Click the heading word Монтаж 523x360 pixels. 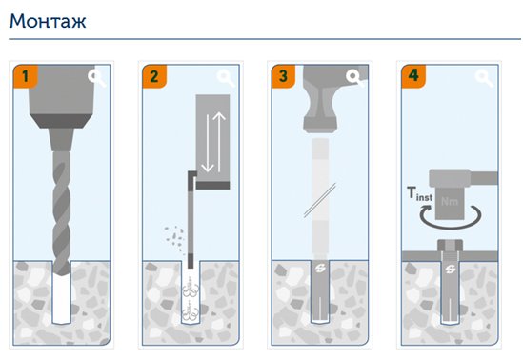tap(48, 21)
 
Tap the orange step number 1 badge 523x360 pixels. tap(26, 76)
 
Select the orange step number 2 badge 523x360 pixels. tap(154, 76)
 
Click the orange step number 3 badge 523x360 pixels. tap(283, 76)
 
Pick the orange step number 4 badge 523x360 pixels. tap(412, 76)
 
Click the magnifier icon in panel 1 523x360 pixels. tap(97, 78)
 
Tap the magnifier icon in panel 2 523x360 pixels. tap(226, 78)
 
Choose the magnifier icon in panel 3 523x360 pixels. tap(355, 78)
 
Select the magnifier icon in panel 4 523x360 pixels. tap(484, 78)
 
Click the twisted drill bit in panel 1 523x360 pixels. tap(62, 213)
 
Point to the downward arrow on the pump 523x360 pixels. tap(208, 143)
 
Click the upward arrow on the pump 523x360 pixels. tap(219, 142)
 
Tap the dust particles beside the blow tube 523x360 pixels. tap(174, 236)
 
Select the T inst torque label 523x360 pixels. tap(420, 194)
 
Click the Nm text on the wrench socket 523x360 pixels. tap(450, 201)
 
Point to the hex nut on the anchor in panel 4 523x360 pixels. tap(450, 246)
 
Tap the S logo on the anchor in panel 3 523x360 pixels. tap(320, 268)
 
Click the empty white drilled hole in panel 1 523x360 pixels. tap(62, 299)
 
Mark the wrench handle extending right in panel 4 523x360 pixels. tap(484, 178)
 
